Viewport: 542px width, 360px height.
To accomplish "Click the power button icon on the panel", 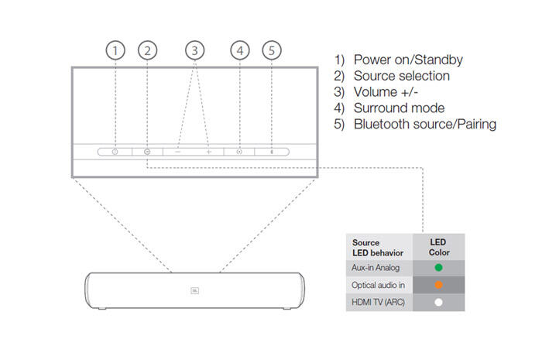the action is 115,152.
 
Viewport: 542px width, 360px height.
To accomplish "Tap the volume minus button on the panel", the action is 177,152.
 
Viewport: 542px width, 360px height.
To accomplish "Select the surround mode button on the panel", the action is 239,152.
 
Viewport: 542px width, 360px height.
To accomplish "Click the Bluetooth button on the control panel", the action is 272,152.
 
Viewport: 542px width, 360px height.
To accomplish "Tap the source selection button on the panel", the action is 147,152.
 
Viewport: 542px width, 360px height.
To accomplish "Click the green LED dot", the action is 439,267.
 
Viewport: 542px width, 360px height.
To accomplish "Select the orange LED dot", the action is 439,285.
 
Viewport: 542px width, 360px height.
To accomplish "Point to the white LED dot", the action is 439,302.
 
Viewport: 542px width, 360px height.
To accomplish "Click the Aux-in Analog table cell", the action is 379,268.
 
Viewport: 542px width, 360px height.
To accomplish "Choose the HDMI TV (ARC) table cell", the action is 379,302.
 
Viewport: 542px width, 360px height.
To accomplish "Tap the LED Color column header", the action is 439,247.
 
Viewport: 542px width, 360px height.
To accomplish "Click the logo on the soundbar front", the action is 195,290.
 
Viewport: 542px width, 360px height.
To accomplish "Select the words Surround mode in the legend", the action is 399,108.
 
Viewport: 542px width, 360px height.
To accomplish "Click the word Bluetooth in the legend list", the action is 382,124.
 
